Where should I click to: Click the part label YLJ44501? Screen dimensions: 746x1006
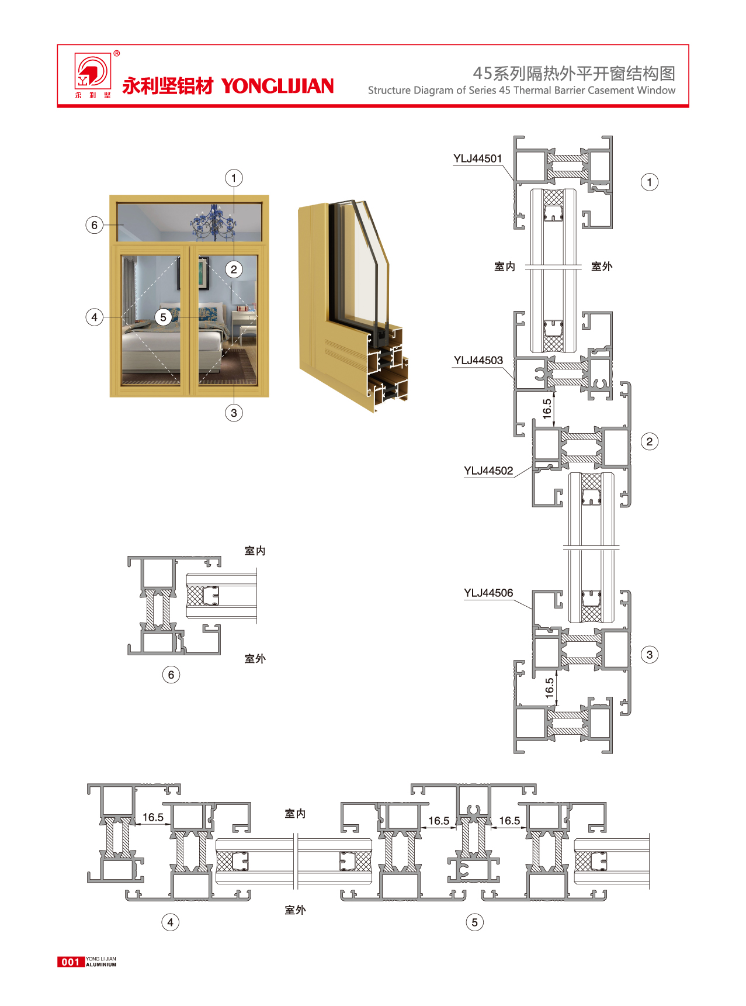click(478, 158)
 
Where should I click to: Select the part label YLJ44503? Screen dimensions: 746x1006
click(478, 361)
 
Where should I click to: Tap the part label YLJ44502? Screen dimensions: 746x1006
click(488, 471)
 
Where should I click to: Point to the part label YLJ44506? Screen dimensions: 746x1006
click(488, 593)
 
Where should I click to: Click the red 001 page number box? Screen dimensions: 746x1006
click(71, 962)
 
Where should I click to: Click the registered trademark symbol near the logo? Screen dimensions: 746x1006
click(117, 54)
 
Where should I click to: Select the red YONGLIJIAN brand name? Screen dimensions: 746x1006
click(277, 86)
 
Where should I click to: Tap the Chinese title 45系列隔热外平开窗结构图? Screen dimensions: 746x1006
click(574, 73)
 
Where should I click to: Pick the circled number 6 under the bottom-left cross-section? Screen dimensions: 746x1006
click(171, 675)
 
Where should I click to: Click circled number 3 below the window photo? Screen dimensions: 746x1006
click(234, 413)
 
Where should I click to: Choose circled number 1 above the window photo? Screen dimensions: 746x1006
click(234, 178)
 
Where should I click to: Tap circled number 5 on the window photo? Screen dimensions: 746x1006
click(163, 317)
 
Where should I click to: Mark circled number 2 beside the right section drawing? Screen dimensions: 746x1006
click(650, 441)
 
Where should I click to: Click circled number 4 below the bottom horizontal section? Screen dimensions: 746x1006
click(170, 922)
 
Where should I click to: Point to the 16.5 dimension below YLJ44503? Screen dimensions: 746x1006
click(547, 408)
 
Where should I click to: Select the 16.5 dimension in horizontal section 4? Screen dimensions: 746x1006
click(153, 817)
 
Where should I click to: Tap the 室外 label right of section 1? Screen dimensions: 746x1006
click(602, 267)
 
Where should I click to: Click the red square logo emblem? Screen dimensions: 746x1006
click(92, 71)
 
